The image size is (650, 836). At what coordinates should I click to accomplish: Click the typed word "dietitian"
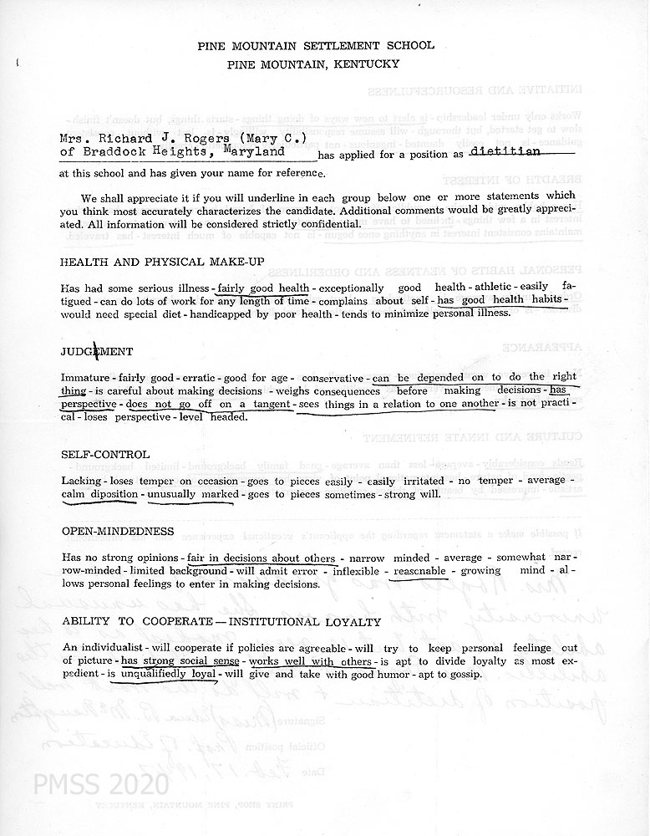coord(504,151)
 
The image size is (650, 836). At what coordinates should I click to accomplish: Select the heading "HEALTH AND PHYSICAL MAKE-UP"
coord(162,262)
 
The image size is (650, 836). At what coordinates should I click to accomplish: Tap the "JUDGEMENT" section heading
coord(96,351)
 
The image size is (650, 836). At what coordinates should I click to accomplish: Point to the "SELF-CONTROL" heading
coord(105,454)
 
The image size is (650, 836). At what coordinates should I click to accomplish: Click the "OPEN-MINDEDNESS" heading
coord(118,531)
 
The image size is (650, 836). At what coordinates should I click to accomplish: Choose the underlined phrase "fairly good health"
coord(260,288)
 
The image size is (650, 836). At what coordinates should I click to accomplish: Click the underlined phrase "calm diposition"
coord(101,493)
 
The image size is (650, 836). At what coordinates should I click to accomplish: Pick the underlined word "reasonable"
coord(421,570)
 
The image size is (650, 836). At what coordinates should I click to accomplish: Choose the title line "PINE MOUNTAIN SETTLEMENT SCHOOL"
coord(325,45)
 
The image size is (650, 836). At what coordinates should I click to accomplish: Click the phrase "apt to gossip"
coord(444,675)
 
